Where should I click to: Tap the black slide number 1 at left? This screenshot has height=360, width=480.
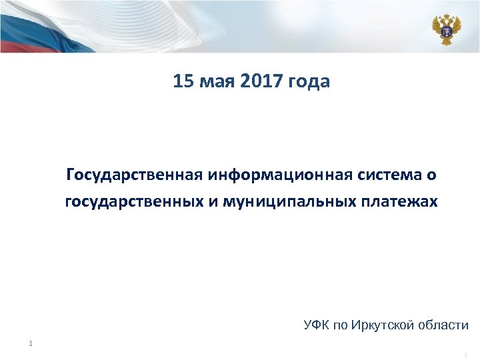click(x=31, y=344)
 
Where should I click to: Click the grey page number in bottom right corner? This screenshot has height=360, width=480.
click(x=465, y=354)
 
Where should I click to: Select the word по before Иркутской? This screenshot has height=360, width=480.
click(x=341, y=326)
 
